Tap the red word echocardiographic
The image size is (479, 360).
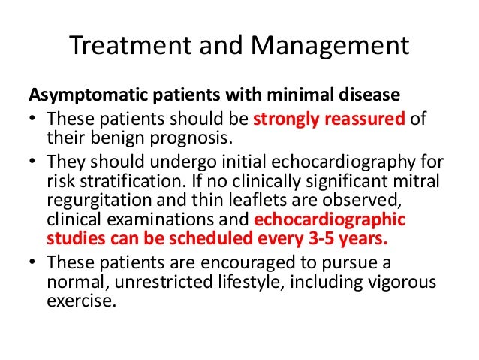click(342, 221)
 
